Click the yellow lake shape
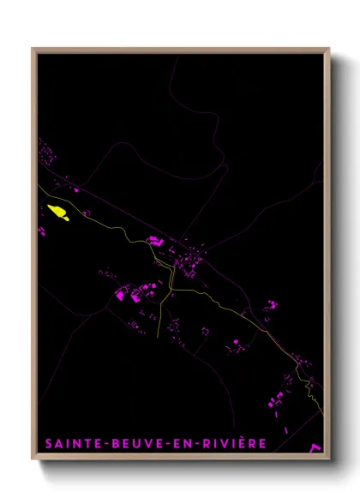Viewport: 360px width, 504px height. coord(58,211)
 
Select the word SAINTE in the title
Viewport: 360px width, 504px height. coord(71,443)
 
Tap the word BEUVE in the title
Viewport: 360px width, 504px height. coord(132,443)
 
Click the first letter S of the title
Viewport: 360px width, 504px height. coord(49,443)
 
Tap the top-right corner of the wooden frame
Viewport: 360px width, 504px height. coord(329,49)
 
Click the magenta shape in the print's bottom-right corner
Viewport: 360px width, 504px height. coord(315,447)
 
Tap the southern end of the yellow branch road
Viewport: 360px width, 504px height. coord(160,337)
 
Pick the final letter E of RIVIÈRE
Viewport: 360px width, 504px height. coord(264,443)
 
